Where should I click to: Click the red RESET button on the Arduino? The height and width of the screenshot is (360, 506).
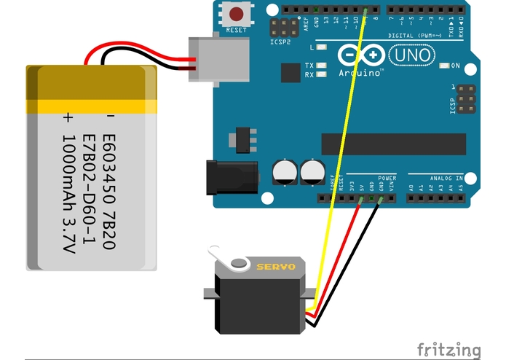click(237, 13)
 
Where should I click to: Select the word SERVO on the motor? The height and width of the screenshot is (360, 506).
click(276, 267)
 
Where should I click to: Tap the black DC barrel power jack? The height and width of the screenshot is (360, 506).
click(232, 178)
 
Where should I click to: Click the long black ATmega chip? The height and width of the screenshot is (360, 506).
click(393, 144)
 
